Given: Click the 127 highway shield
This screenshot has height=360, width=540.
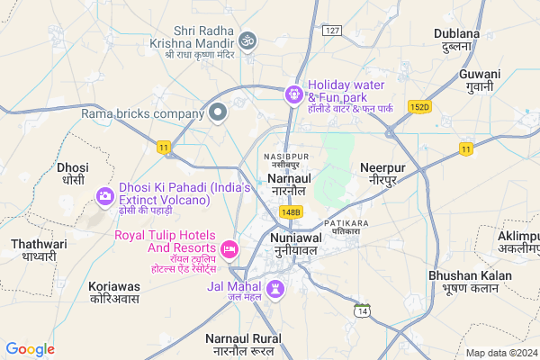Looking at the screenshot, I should (x=333, y=31).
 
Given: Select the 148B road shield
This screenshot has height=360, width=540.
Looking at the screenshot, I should (x=290, y=211).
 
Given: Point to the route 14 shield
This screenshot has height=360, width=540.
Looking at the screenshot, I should (x=362, y=310).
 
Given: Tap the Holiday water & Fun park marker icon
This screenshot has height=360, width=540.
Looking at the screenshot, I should (x=293, y=93).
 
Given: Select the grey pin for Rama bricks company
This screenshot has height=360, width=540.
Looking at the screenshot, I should (x=217, y=113).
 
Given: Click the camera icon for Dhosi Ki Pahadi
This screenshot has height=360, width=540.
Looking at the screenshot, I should (x=104, y=193).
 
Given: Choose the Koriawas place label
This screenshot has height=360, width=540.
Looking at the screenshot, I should (x=114, y=292).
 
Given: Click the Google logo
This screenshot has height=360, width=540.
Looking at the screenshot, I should (x=30, y=349).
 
